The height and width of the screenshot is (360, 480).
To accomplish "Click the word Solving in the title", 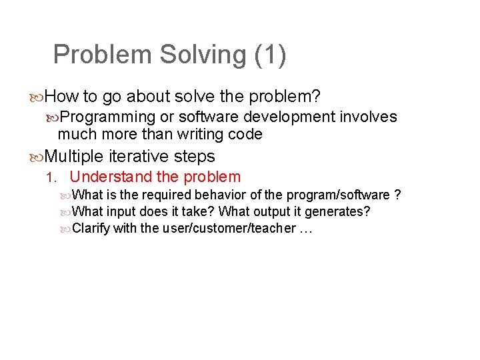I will point(204,55).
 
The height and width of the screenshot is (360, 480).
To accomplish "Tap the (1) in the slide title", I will point(270,55).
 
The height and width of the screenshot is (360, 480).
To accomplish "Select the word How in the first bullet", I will point(62,97).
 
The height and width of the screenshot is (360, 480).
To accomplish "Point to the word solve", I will point(195,97).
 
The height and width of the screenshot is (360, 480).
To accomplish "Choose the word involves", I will point(369,117).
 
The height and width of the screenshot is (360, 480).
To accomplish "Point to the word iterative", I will point(139,157).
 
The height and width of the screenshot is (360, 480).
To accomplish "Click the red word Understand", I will point(110,177).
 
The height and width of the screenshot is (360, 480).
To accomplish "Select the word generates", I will point(337,212).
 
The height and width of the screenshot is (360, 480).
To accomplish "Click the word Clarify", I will point(91,229).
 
